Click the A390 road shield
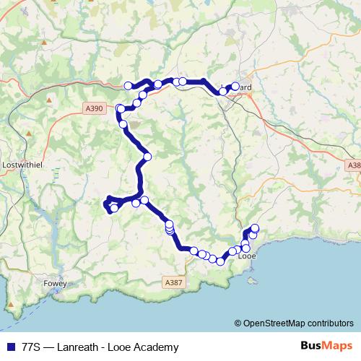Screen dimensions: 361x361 coord(94,108)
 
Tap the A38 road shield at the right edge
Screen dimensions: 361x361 coord(354,165)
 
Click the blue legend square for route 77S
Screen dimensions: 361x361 coord(10,347)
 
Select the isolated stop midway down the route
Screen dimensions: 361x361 coord(147,156)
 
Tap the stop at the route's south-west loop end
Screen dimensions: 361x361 coord(113,209)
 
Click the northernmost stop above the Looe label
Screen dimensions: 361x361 coord(254,230)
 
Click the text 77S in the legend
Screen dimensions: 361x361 coord(32,347)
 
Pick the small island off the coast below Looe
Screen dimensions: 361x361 coord(251,277)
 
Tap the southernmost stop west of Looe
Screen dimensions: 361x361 coord(214,260)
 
